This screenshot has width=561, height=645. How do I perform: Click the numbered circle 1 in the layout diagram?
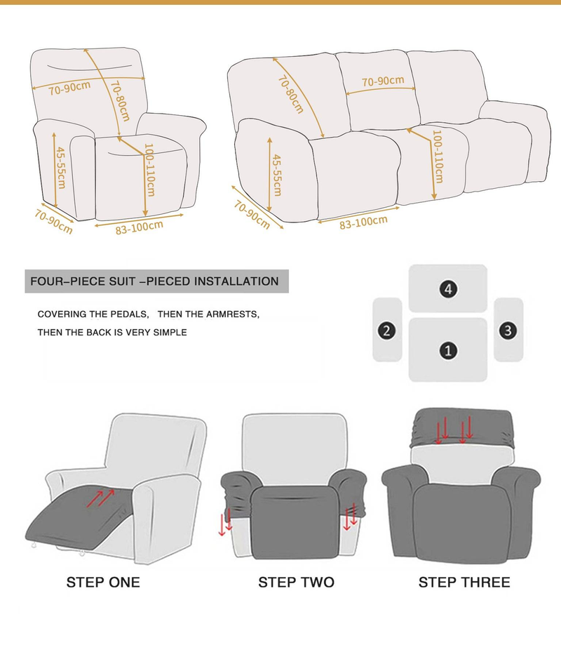click(448, 350)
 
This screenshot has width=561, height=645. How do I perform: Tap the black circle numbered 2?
click(385, 330)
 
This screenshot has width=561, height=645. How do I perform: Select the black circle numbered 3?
click(509, 329)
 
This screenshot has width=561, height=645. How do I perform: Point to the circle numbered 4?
click(448, 288)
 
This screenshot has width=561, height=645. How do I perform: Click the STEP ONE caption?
click(103, 582)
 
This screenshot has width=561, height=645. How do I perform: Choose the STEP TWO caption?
click(296, 582)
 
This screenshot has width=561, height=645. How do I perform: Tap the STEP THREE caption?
click(464, 582)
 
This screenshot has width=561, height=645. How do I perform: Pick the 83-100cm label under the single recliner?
click(140, 228)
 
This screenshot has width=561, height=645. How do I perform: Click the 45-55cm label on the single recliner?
click(61, 167)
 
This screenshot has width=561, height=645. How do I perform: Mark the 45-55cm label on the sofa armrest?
click(277, 174)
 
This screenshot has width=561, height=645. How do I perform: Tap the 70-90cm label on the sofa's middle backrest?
click(383, 81)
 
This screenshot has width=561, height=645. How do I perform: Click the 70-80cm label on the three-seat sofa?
click(290, 95)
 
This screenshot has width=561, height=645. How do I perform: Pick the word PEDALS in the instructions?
click(132, 314)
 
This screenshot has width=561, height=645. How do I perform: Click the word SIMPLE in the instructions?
click(171, 332)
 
